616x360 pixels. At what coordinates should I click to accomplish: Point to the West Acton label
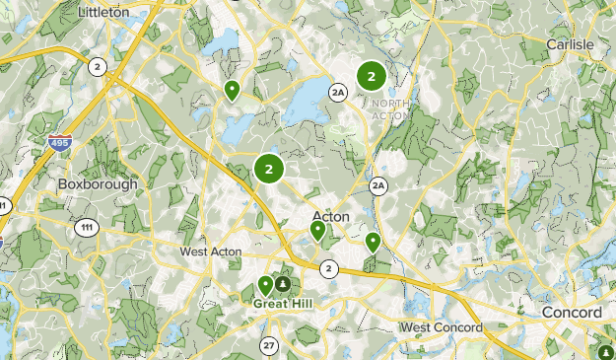212,252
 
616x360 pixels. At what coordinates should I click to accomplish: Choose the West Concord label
441,326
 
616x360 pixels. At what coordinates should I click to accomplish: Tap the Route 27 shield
269,345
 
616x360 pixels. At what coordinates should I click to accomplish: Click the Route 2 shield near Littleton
97,66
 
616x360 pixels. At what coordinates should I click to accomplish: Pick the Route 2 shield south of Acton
328,268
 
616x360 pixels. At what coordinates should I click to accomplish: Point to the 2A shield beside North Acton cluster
339,93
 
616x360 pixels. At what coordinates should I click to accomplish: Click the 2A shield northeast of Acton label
379,185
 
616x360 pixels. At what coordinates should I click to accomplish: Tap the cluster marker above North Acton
372,75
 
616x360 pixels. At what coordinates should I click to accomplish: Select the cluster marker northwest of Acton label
268,169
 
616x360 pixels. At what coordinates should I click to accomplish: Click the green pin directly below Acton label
317,231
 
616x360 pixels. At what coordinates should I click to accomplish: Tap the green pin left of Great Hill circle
265,286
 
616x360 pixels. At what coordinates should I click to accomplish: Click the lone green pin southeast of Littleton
232,91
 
